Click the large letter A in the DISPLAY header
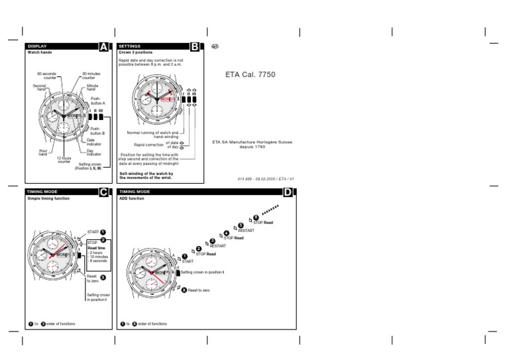[x=103, y=46]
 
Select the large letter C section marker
[x=103, y=192]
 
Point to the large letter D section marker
[x=287, y=192]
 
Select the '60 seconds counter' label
[x=48, y=76]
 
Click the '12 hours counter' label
[x=64, y=160]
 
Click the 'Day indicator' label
[x=94, y=152]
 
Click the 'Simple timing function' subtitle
[x=48, y=198]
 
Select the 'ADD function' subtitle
[x=131, y=198]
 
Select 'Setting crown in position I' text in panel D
[x=203, y=272]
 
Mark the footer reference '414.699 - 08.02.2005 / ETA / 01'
[x=265, y=179]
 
